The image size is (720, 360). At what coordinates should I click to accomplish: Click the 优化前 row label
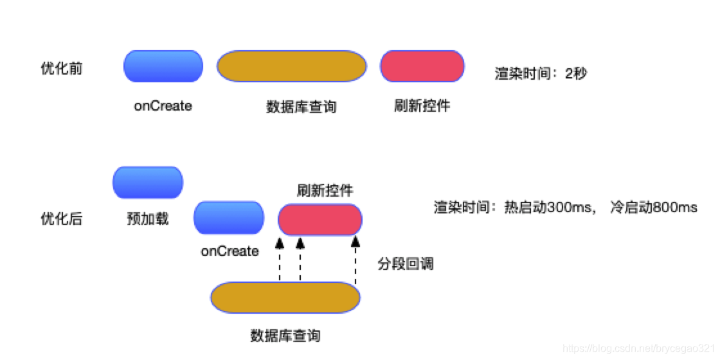point(62,69)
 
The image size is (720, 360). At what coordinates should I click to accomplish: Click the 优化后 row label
point(62,219)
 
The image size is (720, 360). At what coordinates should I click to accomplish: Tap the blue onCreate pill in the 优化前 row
point(163,66)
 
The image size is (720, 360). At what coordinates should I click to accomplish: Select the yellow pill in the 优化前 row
point(291,66)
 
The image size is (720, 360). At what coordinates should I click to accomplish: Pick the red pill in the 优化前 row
point(422,66)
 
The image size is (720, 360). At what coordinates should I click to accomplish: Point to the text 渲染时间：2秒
point(541,73)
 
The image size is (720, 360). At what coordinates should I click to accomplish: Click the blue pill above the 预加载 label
point(148,183)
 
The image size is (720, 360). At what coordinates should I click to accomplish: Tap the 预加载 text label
point(148,219)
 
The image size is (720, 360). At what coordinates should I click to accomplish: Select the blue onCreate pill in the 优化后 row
point(229,218)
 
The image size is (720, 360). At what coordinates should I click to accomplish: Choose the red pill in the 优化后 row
point(320,220)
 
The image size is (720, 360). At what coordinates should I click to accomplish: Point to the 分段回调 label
point(405,264)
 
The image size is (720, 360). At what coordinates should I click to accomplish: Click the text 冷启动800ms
point(653,208)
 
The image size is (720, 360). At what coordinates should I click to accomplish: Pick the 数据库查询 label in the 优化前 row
point(301,107)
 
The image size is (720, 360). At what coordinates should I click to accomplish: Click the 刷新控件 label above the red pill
point(325,190)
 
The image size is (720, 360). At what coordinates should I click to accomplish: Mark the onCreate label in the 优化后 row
point(230,251)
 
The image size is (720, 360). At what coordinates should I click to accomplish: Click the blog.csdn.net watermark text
point(639,348)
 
